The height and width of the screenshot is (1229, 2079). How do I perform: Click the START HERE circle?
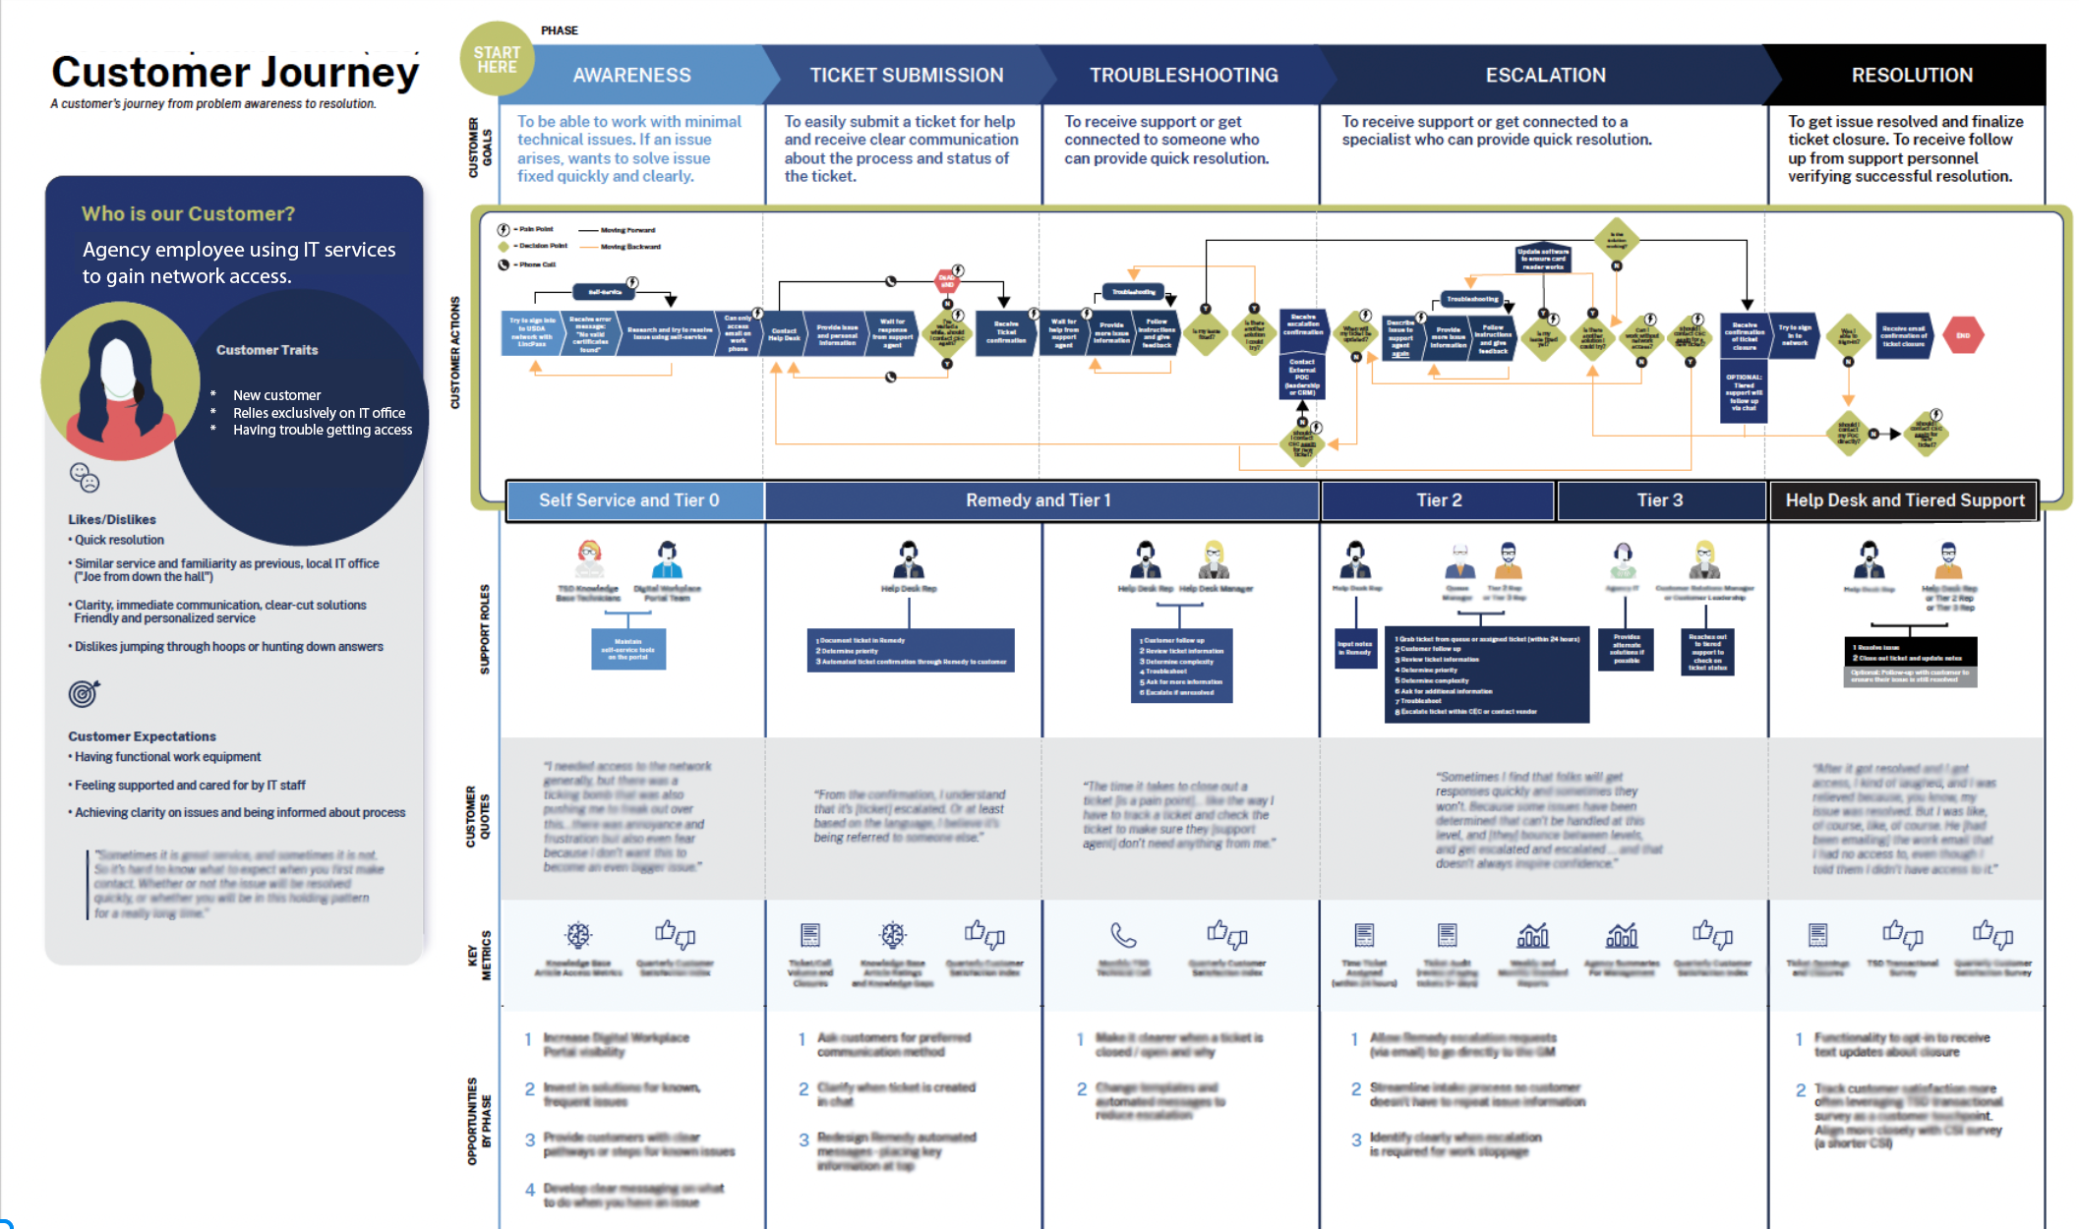[497, 59]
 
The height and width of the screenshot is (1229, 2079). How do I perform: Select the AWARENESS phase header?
[631, 75]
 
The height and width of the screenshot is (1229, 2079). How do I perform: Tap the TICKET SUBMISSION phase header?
[906, 75]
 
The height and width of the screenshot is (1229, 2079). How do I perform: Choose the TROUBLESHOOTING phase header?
[1183, 75]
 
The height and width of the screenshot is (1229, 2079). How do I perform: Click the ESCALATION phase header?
[1545, 75]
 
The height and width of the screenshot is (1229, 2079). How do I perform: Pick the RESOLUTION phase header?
[1911, 75]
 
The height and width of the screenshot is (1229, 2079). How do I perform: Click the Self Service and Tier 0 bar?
[629, 500]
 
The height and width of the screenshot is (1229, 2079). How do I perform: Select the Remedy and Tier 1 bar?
[1039, 500]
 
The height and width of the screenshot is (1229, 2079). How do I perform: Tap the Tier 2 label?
[1439, 500]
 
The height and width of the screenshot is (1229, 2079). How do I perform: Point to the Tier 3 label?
[1660, 500]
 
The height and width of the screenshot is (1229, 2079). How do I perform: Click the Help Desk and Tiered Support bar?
[1905, 500]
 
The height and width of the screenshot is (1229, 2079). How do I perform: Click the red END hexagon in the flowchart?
[1963, 335]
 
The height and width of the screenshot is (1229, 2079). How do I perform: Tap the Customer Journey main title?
[235, 73]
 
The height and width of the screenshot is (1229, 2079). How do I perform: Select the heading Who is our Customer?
[188, 213]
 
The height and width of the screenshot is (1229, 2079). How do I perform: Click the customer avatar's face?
[119, 369]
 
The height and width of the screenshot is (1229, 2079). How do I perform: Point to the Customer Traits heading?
[267, 350]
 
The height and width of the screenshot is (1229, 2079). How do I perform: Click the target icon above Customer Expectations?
[84, 694]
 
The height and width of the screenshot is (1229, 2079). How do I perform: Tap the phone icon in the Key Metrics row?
[1123, 934]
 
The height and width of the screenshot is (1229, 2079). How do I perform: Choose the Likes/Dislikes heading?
[111, 519]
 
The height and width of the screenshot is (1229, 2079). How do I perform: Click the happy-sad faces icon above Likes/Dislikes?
[85, 478]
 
